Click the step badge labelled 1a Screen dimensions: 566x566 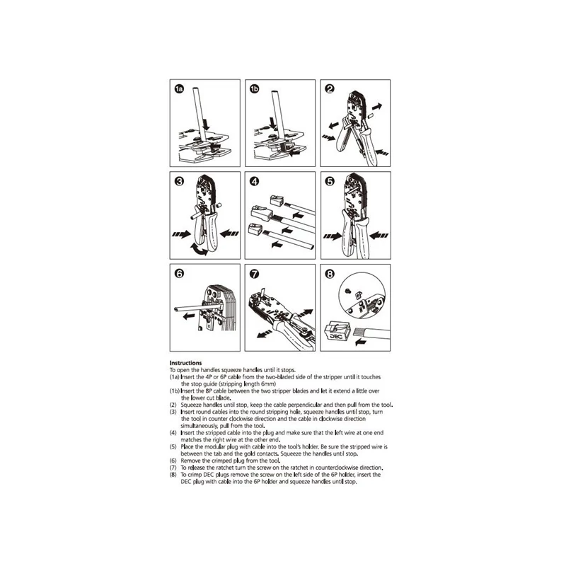[x=180, y=89]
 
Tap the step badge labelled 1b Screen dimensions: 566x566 [x=255, y=89]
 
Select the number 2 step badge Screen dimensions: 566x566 [x=330, y=89]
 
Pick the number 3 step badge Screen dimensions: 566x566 [x=180, y=181]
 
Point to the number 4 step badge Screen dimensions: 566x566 [x=255, y=181]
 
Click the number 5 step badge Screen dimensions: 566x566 [x=330, y=181]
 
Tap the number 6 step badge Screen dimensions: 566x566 [x=180, y=274]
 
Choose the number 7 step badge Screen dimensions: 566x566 [x=255, y=274]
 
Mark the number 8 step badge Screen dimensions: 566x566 [x=330, y=274]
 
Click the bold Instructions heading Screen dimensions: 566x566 [x=185, y=363]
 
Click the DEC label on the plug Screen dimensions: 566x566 [x=335, y=337]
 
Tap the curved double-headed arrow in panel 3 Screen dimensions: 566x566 [x=200, y=250]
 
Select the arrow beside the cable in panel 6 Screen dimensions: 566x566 [x=189, y=316]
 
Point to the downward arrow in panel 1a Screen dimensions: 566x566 [x=206, y=125]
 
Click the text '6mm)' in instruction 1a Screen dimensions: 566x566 [x=269, y=383]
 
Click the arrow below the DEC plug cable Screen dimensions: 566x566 [x=361, y=342]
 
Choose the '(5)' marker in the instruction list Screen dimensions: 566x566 [x=173, y=446]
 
